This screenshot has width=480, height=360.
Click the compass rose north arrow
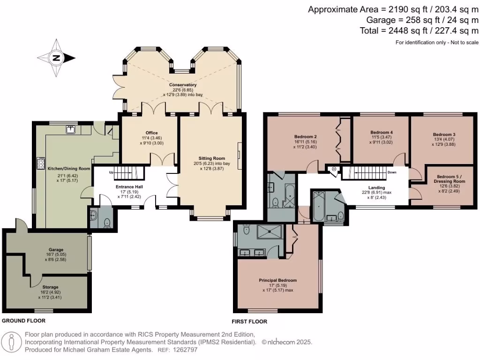click(56, 58)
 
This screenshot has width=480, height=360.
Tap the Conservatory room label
click(183, 85)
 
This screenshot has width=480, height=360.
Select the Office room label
click(151, 133)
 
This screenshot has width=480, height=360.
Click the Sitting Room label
click(212, 158)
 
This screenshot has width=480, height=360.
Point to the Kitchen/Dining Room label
click(69, 168)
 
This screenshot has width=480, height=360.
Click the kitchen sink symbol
click(71, 130)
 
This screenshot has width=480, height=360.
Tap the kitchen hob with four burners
click(41, 163)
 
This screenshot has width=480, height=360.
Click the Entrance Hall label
click(129, 187)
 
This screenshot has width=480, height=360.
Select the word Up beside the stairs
click(111, 172)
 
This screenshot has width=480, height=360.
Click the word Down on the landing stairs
click(392, 172)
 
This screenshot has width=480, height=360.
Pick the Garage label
click(56, 249)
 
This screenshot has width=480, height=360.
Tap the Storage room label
click(50, 287)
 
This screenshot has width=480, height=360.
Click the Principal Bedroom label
click(277, 280)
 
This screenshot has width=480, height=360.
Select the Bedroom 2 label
click(306, 136)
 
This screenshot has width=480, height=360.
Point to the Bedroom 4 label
click(382, 132)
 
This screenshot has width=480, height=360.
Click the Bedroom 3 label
click(444, 135)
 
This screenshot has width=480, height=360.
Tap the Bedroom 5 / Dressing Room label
click(450, 179)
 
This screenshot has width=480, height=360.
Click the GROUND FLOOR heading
click(23, 321)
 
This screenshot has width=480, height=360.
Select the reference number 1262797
click(185, 350)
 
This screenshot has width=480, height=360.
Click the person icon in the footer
click(12, 342)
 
